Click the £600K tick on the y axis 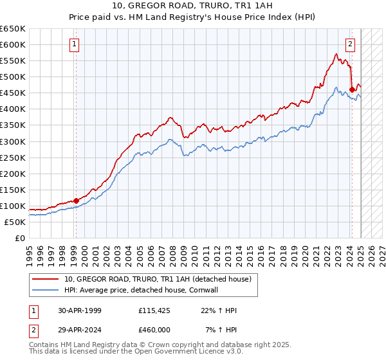(14, 44)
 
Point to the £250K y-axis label (14, 157)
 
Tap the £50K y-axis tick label (15, 222)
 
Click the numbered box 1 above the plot (75, 44)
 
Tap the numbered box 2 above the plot (350, 44)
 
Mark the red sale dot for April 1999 (76, 201)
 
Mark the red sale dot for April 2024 (352, 89)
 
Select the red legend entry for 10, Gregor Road (161, 278)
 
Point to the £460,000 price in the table (154, 330)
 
